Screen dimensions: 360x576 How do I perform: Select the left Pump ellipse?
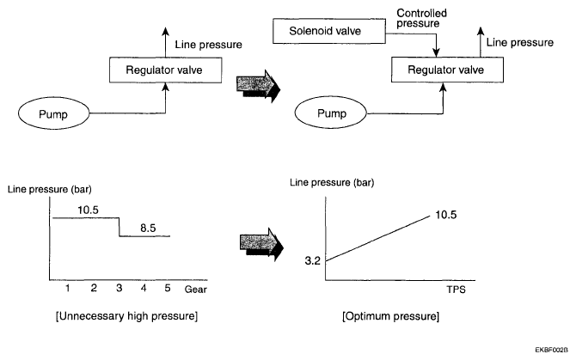62,113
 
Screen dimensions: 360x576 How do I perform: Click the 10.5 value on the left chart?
88,208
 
